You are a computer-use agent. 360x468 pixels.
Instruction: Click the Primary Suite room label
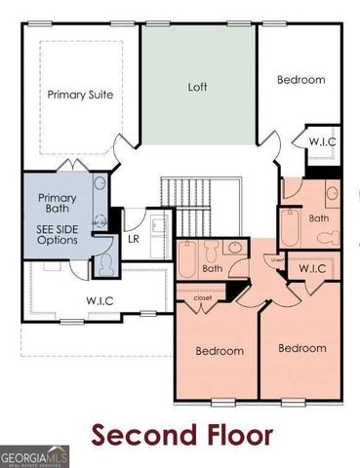(81, 95)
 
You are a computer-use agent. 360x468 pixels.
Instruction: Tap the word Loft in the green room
(198, 86)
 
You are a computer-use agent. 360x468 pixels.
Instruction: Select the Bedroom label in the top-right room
(300, 80)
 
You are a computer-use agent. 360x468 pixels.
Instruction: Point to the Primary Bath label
(58, 204)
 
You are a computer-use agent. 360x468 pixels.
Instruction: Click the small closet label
(203, 298)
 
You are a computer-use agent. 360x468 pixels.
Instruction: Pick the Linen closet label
(277, 259)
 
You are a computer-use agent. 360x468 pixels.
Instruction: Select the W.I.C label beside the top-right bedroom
(322, 142)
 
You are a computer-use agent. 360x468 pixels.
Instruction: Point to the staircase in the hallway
(185, 200)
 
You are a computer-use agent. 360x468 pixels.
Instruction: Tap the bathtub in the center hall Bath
(188, 262)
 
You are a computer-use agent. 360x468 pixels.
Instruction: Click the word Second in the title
(145, 434)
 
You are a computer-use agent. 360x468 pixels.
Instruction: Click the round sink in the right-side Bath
(332, 193)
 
